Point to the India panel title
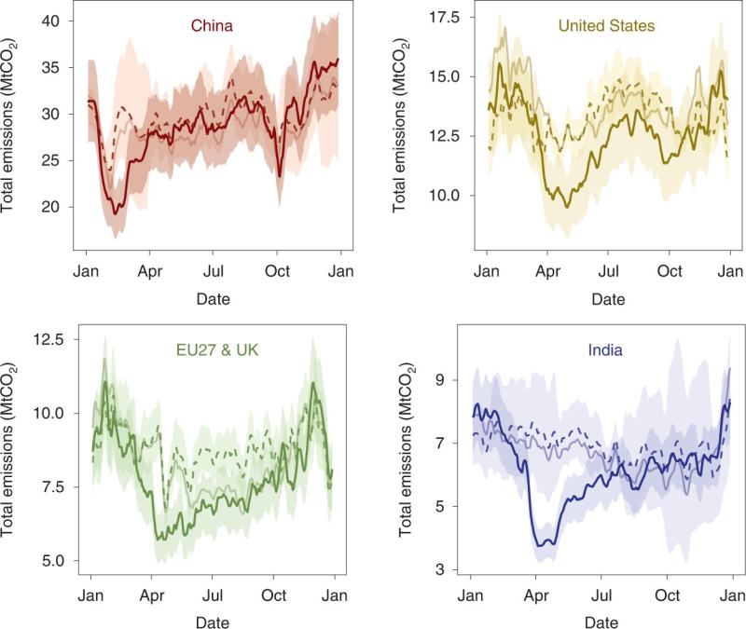pos(606,352)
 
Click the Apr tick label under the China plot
pos(150,273)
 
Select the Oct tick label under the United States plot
pos(670,273)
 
